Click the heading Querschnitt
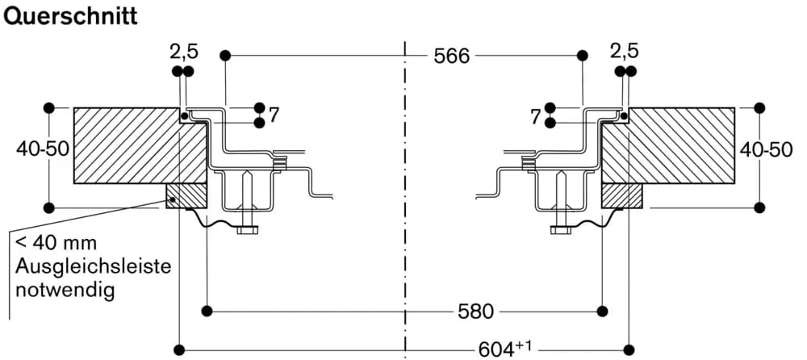71,16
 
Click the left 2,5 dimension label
183,52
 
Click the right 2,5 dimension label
624,52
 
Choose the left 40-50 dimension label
42,149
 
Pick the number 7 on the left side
274,115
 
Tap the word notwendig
65,289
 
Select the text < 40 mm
55,243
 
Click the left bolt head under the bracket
247,230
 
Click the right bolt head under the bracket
560,230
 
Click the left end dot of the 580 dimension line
207,310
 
